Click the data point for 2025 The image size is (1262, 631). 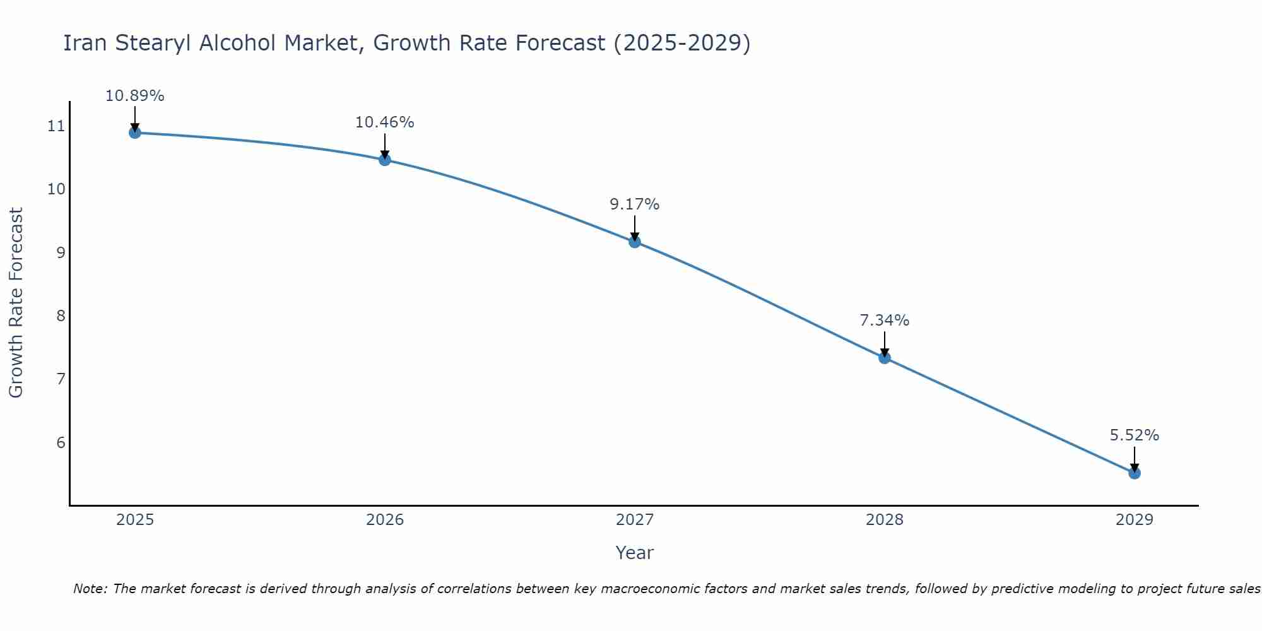134,133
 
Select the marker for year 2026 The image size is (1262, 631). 385,160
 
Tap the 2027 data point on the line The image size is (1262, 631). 635,242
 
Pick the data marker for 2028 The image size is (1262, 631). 885,358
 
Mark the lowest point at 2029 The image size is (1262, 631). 1135,473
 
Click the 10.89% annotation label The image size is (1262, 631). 134,96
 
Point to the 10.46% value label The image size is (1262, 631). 385,122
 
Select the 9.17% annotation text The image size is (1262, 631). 635,204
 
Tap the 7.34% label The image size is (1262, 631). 885,321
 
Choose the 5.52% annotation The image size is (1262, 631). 1135,435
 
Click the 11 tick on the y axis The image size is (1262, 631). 56,126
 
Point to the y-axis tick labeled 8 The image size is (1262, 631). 61,315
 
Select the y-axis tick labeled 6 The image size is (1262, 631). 61,442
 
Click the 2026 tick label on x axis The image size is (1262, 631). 385,520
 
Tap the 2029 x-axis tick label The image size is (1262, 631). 1135,520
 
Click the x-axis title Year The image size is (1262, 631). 635,553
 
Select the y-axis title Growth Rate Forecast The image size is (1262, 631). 16,303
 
